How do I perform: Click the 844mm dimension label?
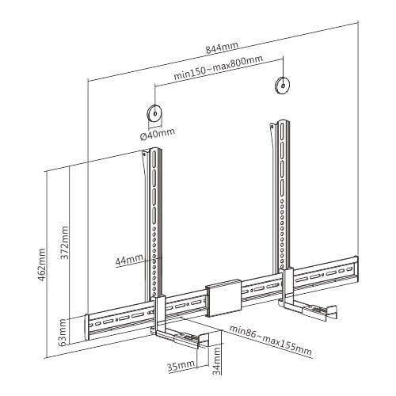(x=222, y=48)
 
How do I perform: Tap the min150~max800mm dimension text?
(x=218, y=67)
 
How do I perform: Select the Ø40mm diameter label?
(x=158, y=134)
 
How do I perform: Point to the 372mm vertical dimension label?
(x=64, y=243)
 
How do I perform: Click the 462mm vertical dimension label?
(x=42, y=265)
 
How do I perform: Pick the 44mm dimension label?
(x=129, y=260)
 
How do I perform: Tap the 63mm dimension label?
(x=63, y=333)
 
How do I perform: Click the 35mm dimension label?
(x=181, y=366)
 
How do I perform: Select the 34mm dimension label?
(x=216, y=361)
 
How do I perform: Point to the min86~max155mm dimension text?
(x=270, y=341)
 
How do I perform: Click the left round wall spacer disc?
(x=154, y=113)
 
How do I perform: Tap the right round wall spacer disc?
(x=283, y=86)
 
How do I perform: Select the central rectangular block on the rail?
(x=223, y=298)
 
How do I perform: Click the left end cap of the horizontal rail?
(x=87, y=327)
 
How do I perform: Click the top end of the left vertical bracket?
(x=155, y=150)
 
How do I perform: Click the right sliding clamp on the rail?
(x=288, y=287)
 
